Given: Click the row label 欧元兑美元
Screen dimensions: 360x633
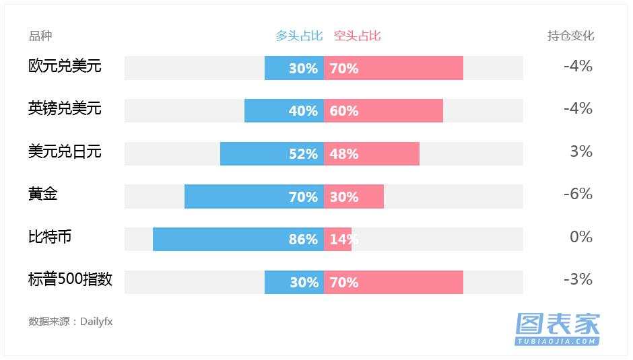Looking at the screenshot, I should coord(65,66).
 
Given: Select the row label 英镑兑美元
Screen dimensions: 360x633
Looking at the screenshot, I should coord(65,108).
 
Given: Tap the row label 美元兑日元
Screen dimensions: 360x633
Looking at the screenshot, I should coord(65,151).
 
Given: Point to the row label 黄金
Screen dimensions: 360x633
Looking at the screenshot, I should coord(43,194).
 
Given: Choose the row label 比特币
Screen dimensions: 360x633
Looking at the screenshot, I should coord(50,237).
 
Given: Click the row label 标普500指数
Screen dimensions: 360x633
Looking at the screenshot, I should coord(70,280).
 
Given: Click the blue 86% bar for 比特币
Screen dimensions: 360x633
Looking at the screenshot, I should coord(238,239).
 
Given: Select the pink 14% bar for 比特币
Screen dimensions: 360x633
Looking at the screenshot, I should coord(338,239).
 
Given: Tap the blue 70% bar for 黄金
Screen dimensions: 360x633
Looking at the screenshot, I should coord(254,196).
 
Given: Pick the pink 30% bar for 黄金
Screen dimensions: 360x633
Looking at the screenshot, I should coord(354,196).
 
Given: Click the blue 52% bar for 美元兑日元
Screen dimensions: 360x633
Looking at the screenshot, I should coord(272,153).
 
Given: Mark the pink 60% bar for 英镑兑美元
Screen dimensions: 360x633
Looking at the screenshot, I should coord(384,111).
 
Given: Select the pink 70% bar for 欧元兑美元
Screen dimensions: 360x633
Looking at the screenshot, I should coord(394,68).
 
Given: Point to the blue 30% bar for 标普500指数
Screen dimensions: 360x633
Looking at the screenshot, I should coord(294,282).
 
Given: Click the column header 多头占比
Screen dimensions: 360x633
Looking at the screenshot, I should coord(299,36).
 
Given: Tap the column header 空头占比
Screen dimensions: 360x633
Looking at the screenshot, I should coord(358,36).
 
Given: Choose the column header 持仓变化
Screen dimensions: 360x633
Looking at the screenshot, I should coord(571,36).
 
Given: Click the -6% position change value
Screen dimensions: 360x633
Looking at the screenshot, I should coord(578,194).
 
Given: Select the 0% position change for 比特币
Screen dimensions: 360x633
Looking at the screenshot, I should coord(580,237).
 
